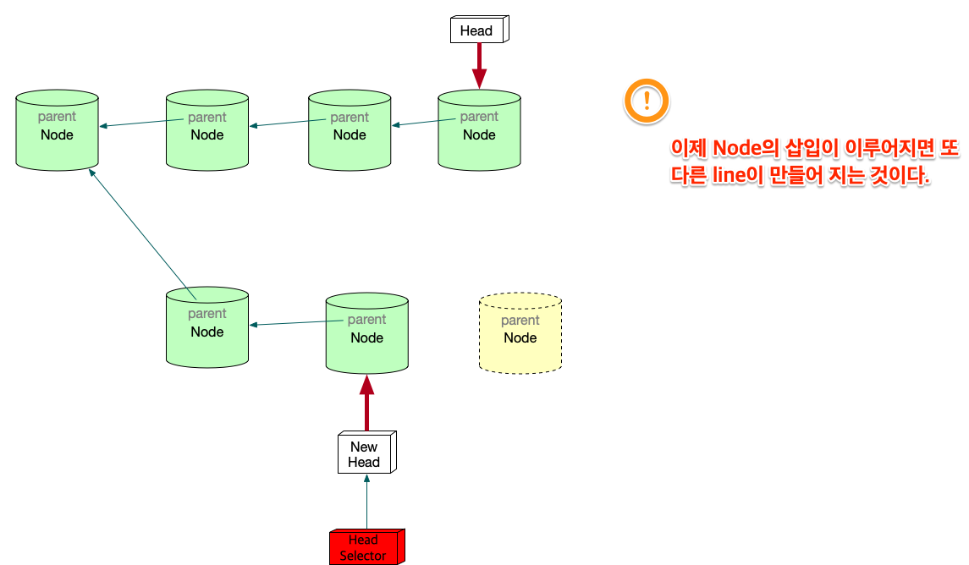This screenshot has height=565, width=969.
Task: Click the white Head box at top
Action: click(x=477, y=30)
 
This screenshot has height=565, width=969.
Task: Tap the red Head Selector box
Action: click(x=366, y=547)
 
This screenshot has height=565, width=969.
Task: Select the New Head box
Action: click(x=365, y=454)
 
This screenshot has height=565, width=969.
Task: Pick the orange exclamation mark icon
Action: click(x=647, y=100)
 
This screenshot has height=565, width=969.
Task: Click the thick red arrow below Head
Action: click(x=479, y=64)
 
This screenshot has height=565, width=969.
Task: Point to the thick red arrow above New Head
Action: click(x=366, y=403)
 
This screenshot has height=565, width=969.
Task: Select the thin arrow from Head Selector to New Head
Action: click(x=366, y=502)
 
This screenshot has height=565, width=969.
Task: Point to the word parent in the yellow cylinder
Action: click(x=520, y=321)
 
